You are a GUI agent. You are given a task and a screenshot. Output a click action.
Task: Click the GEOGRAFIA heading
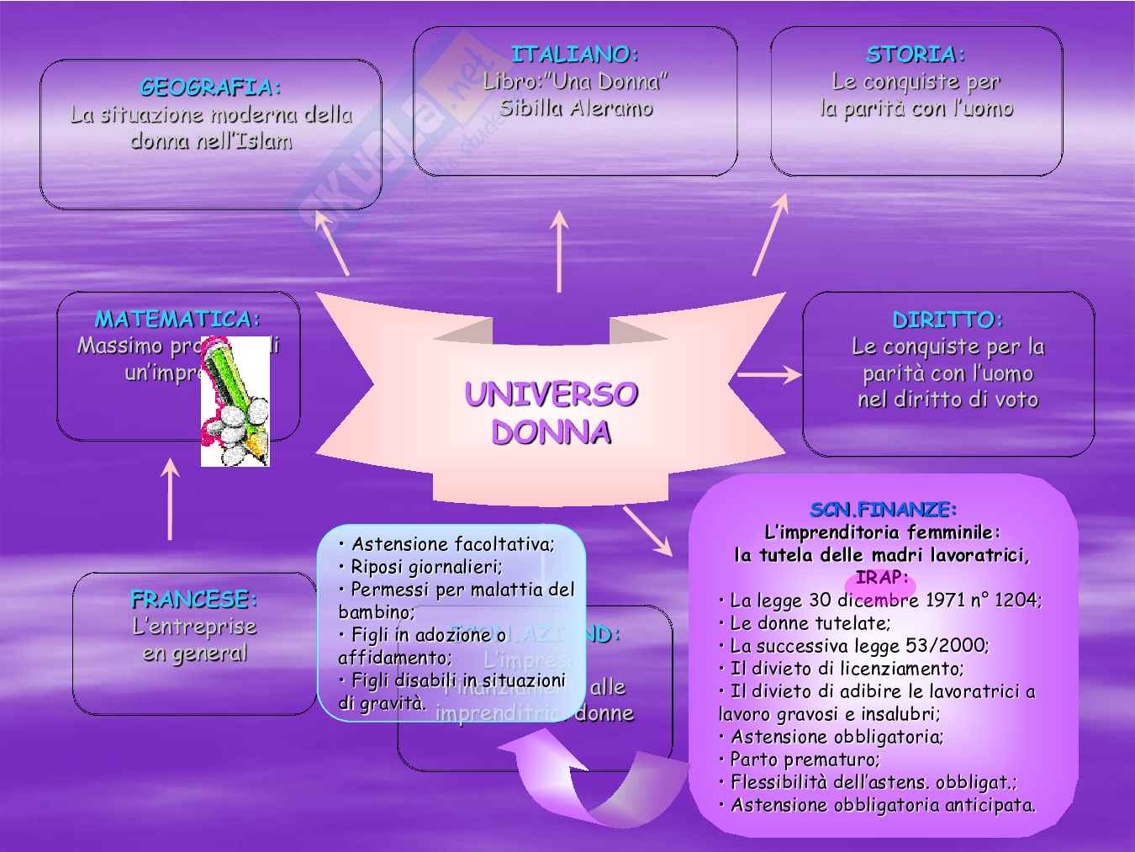pos(210,87)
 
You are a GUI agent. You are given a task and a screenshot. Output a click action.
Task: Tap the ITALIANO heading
pos(575,55)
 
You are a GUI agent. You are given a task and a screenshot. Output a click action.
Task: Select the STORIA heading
pos(916,55)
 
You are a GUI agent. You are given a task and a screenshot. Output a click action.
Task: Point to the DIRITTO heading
pos(948,320)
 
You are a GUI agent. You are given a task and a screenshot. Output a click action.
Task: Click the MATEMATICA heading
pos(177,319)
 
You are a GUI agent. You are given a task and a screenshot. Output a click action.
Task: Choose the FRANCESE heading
pos(194,600)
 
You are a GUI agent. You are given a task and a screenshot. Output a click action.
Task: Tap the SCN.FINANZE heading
pos(884,509)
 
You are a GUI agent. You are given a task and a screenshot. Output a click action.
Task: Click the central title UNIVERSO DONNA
pos(551,413)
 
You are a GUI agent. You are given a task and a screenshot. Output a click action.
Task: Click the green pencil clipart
pos(236,401)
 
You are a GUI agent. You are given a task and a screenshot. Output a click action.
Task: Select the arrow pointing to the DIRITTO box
pos(769,375)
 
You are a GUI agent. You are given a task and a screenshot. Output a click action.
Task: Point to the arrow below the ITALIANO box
pos(559,251)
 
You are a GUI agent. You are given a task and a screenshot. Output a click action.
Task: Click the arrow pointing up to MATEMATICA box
pos(171,499)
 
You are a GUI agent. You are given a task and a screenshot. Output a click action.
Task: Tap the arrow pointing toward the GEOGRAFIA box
pos(331,242)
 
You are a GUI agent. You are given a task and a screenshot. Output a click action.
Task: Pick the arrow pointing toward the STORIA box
pos(770,234)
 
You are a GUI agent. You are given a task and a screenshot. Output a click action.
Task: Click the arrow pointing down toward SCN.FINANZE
pos(647,531)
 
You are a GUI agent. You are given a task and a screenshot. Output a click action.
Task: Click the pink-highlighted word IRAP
pos(881,578)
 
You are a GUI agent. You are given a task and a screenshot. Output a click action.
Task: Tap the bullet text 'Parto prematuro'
pos(804,759)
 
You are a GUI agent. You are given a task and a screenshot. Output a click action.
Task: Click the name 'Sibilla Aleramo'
pos(576,108)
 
